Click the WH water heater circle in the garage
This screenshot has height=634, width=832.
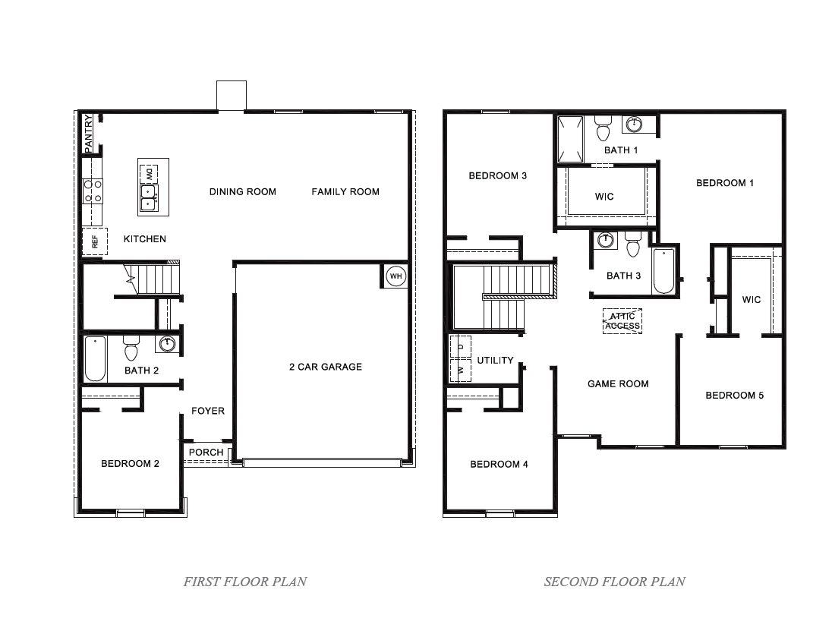pyautogui.click(x=396, y=276)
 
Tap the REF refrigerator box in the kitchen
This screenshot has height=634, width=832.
pyautogui.click(x=95, y=241)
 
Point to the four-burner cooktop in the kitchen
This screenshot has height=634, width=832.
pyautogui.click(x=93, y=191)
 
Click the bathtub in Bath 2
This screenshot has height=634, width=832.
pyautogui.click(x=95, y=359)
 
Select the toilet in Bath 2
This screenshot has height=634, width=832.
pyautogui.click(x=131, y=349)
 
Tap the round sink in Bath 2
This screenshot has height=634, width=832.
pyautogui.click(x=167, y=345)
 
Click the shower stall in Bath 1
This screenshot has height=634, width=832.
pyautogui.click(x=570, y=139)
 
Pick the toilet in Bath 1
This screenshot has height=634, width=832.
pyautogui.click(x=604, y=129)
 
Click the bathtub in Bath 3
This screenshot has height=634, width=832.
pyautogui.click(x=664, y=270)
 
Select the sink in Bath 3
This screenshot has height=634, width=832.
pyautogui.click(x=605, y=241)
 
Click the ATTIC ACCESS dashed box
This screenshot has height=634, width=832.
pyautogui.click(x=622, y=321)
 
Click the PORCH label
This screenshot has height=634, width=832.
pyautogui.click(x=206, y=453)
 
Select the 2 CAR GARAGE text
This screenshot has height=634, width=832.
pyautogui.click(x=326, y=367)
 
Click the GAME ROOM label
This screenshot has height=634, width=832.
pyautogui.click(x=618, y=384)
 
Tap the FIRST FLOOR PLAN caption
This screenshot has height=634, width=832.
pyautogui.click(x=245, y=582)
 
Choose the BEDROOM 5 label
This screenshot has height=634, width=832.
pyautogui.click(x=734, y=396)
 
